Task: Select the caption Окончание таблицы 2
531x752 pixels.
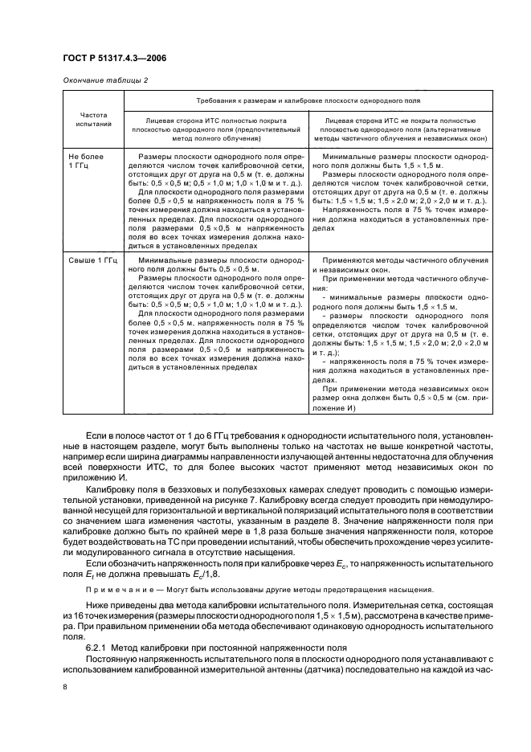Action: tap(100, 80)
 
